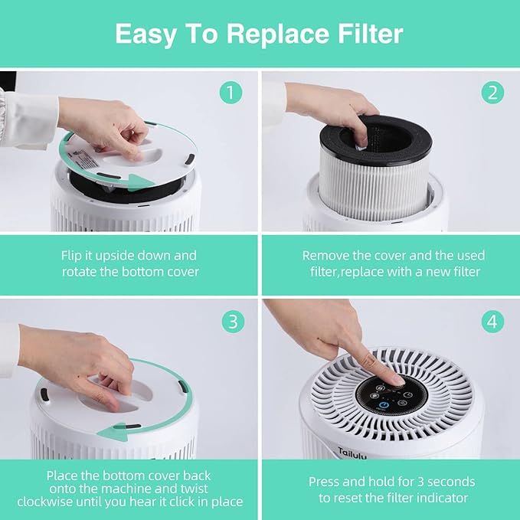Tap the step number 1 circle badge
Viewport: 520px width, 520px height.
pyautogui.click(x=231, y=93)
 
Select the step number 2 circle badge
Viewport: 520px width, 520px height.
pyautogui.click(x=492, y=93)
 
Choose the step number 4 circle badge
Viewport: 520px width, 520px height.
pyautogui.click(x=492, y=321)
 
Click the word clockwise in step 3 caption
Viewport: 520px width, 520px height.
pyautogui.click(x=79, y=502)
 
